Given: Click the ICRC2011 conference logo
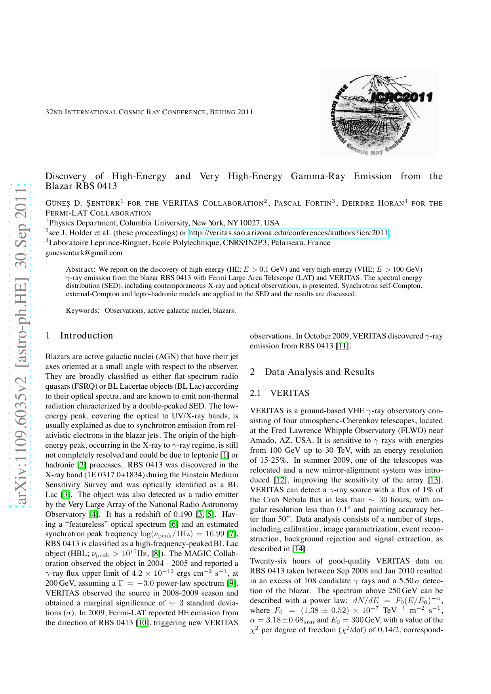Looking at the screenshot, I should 379,114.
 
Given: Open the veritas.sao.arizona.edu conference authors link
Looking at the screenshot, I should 288,233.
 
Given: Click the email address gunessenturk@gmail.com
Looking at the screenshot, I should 84,253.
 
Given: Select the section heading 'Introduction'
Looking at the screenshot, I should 86,336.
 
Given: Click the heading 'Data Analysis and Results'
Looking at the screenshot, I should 320,372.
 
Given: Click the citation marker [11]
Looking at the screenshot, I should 342,346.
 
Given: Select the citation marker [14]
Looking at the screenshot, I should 299,549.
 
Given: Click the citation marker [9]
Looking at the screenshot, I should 232,583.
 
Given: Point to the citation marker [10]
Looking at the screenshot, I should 142,623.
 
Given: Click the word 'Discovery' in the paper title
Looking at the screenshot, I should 66,176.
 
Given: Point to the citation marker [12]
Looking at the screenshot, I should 280,480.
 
